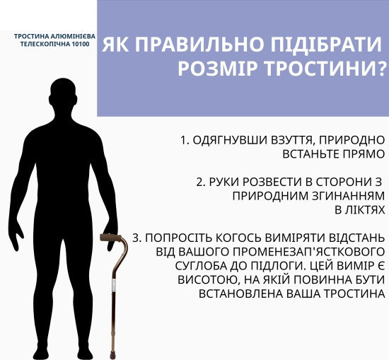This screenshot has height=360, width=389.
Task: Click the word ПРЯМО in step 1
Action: coord(366,154)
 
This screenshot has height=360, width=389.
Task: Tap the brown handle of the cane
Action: coord(114,237)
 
